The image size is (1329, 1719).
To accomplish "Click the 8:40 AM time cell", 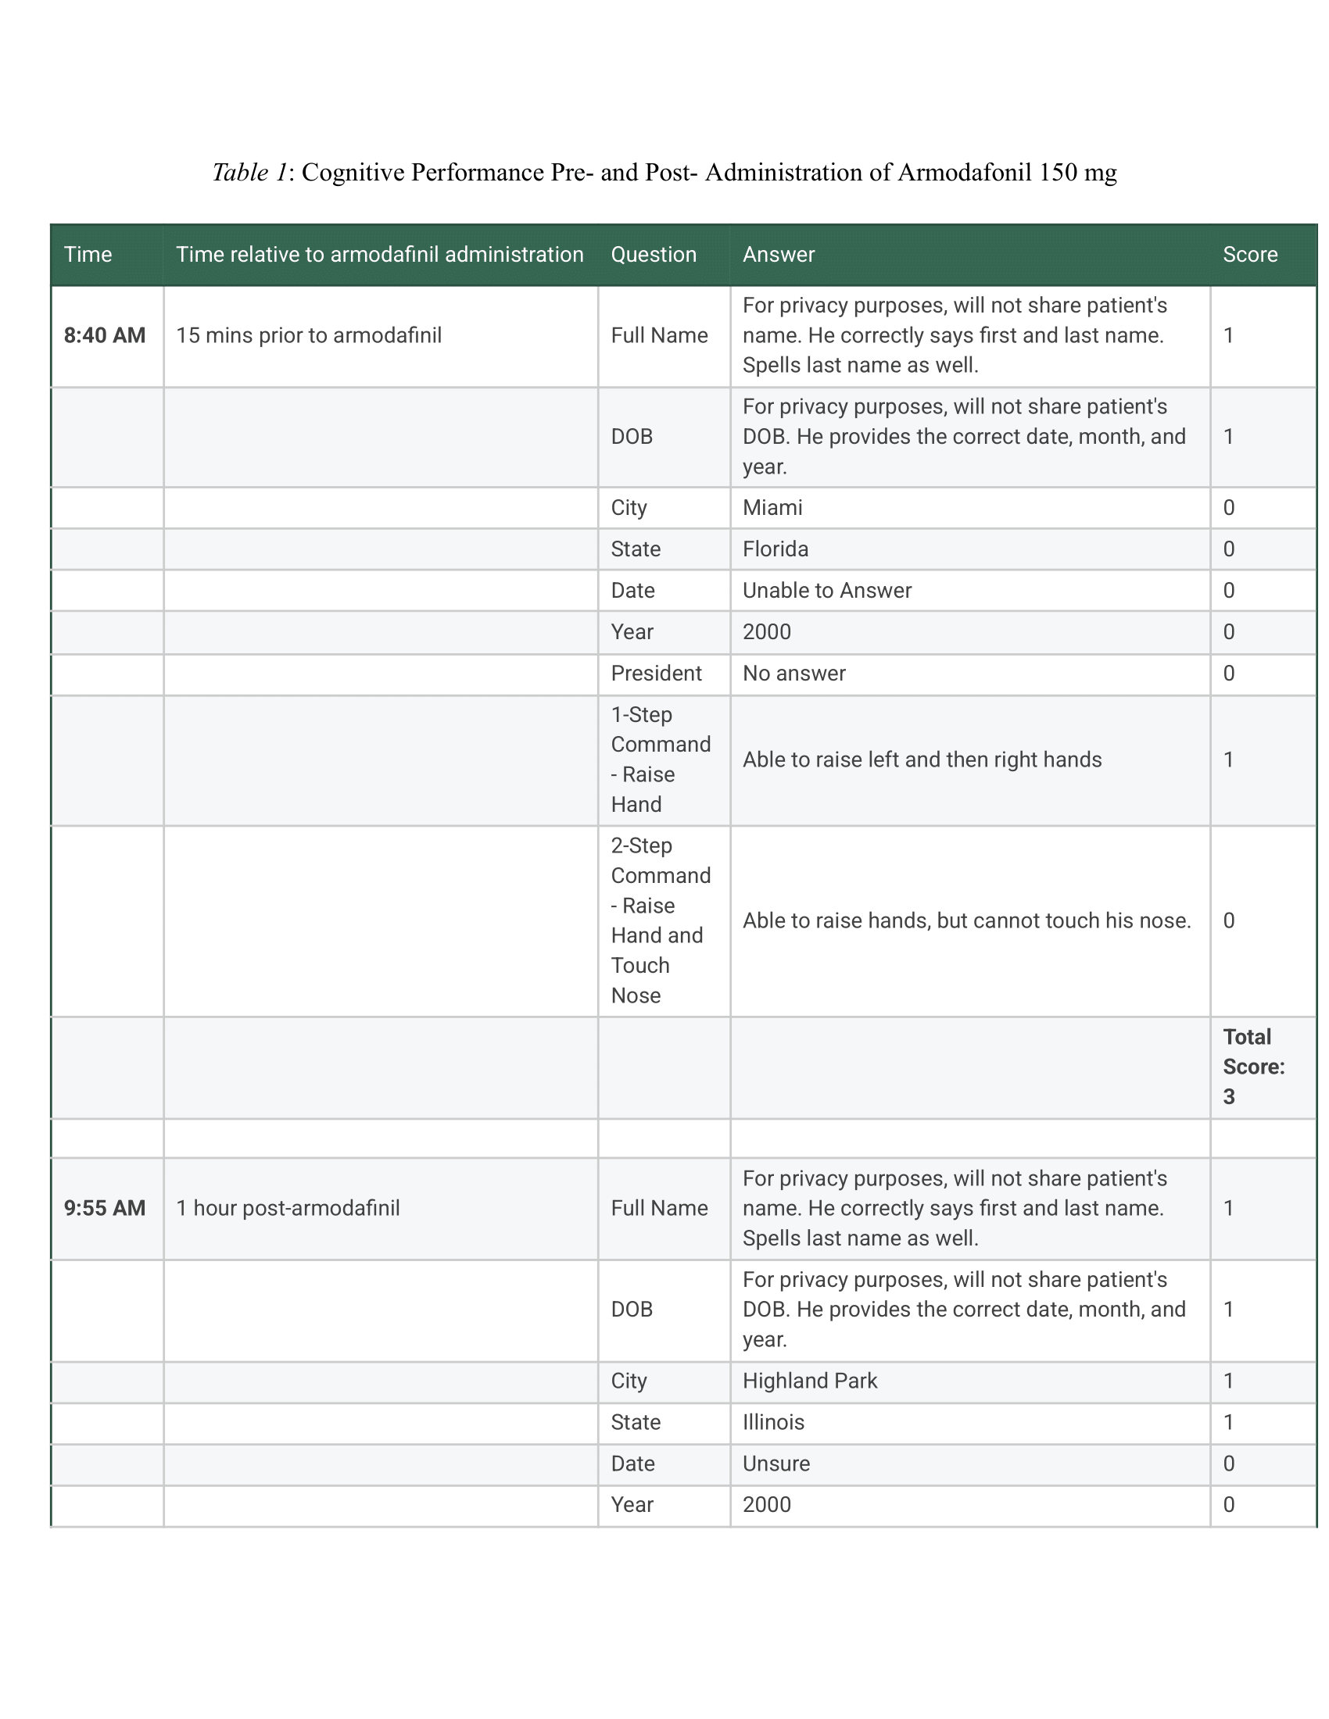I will tap(105, 335).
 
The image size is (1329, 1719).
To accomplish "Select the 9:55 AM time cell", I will tap(105, 1208).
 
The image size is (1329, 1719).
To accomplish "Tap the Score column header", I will tap(1249, 254).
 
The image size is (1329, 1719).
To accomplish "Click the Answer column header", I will tap(778, 254).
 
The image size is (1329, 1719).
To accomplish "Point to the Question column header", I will tap(654, 254).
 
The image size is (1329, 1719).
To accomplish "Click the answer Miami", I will tap(772, 508).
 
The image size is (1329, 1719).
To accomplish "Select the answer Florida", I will tap(776, 549).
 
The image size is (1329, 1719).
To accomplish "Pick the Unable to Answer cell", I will tap(826, 590).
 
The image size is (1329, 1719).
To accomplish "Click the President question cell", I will tap(656, 673).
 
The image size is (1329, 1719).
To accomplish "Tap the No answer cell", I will tap(793, 673).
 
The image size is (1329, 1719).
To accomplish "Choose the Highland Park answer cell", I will tap(809, 1381).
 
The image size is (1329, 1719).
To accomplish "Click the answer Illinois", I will tap(773, 1422).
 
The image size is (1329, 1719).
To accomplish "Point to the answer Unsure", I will tap(776, 1463).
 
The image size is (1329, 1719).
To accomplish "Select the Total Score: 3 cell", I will tap(1252, 1067).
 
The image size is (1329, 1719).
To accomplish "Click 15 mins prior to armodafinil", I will tap(309, 335).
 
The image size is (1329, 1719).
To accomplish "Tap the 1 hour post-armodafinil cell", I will tap(288, 1208).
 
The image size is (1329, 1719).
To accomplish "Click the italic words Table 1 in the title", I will tap(249, 173).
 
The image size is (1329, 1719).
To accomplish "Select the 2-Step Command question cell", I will tap(660, 920).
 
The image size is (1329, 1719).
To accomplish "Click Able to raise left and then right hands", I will tap(921, 759).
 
